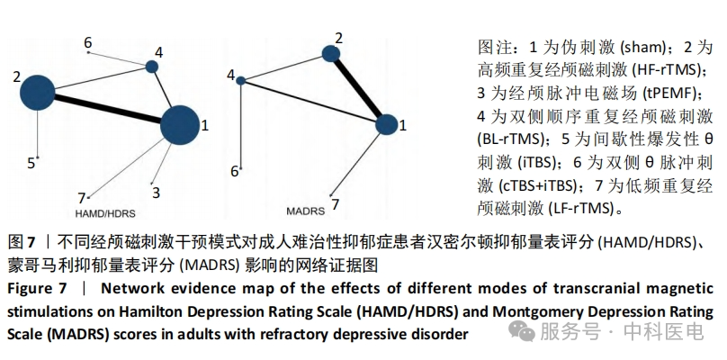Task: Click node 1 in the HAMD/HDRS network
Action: pos(179,125)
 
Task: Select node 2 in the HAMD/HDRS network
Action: pos(38,93)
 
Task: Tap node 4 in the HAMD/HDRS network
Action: pos(152,67)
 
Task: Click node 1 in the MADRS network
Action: pos(386,124)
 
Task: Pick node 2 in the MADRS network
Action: pos(330,54)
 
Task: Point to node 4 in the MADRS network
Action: pos(240,81)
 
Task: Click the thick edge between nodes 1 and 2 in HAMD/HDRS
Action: pos(108,109)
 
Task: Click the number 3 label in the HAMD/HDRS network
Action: pos(156,193)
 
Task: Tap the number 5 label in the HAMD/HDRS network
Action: pos(31,163)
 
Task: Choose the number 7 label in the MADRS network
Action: pos(335,204)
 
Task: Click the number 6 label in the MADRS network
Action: pos(235,172)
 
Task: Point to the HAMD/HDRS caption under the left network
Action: pos(105,213)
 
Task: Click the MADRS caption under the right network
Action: pos(306,211)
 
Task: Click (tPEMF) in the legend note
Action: pos(673,94)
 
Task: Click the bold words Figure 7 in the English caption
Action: pos(37,289)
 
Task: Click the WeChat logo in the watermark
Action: pos(522,331)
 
